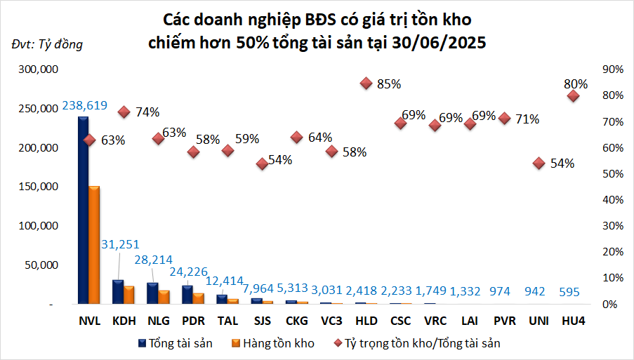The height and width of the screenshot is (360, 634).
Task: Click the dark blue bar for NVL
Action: coord(83,211)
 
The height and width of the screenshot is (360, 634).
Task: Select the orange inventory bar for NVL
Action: coord(94,245)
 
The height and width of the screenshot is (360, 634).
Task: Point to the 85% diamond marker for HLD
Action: coord(366,84)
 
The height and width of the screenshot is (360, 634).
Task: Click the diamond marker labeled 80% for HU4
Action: coord(573,96)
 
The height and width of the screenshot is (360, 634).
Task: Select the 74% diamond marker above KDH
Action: coord(124,112)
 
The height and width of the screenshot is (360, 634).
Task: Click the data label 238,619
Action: coord(84,106)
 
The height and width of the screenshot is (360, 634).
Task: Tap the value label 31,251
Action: coord(121,244)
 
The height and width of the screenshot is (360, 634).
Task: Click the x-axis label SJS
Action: coord(262,321)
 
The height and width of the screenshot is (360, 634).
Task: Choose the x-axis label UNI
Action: coord(539,321)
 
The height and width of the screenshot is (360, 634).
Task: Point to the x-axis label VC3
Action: coord(331,321)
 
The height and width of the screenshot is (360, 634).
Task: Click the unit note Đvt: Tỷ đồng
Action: coord(47,45)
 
